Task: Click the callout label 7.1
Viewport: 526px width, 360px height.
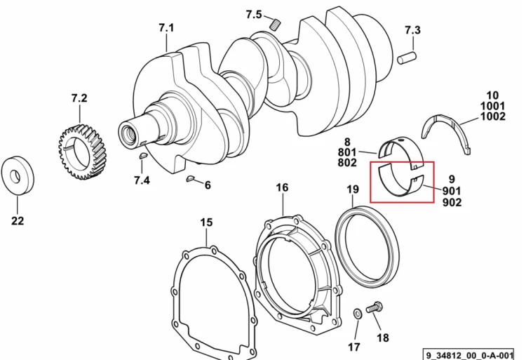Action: click(167, 27)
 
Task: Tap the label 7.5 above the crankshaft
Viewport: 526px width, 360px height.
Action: click(254, 15)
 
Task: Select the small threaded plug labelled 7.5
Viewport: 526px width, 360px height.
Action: click(276, 24)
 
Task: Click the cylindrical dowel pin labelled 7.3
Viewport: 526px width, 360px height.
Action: click(407, 58)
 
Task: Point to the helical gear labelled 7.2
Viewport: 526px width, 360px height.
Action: click(82, 152)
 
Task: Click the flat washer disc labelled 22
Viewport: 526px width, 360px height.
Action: click(18, 175)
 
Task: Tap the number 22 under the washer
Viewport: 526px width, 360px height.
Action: click(18, 221)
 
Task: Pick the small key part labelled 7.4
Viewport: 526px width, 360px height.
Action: click(143, 155)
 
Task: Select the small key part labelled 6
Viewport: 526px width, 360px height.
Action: click(190, 178)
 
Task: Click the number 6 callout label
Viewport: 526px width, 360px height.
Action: click(208, 185)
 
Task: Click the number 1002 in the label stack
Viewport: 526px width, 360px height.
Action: click(492, 116)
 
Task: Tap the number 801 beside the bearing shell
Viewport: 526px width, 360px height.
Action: click(347, 152)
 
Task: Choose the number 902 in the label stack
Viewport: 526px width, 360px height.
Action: click(452, 202)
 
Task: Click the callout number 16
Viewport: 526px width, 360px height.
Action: click(282, 187)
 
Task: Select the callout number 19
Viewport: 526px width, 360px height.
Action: click(353, 189)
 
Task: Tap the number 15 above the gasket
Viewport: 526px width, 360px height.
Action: click(206, 222)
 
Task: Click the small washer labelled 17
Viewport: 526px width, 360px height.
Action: click(356, 314)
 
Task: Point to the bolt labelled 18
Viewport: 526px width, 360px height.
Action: click(375, 307)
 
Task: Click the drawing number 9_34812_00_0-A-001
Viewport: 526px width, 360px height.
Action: click(469, 355)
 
